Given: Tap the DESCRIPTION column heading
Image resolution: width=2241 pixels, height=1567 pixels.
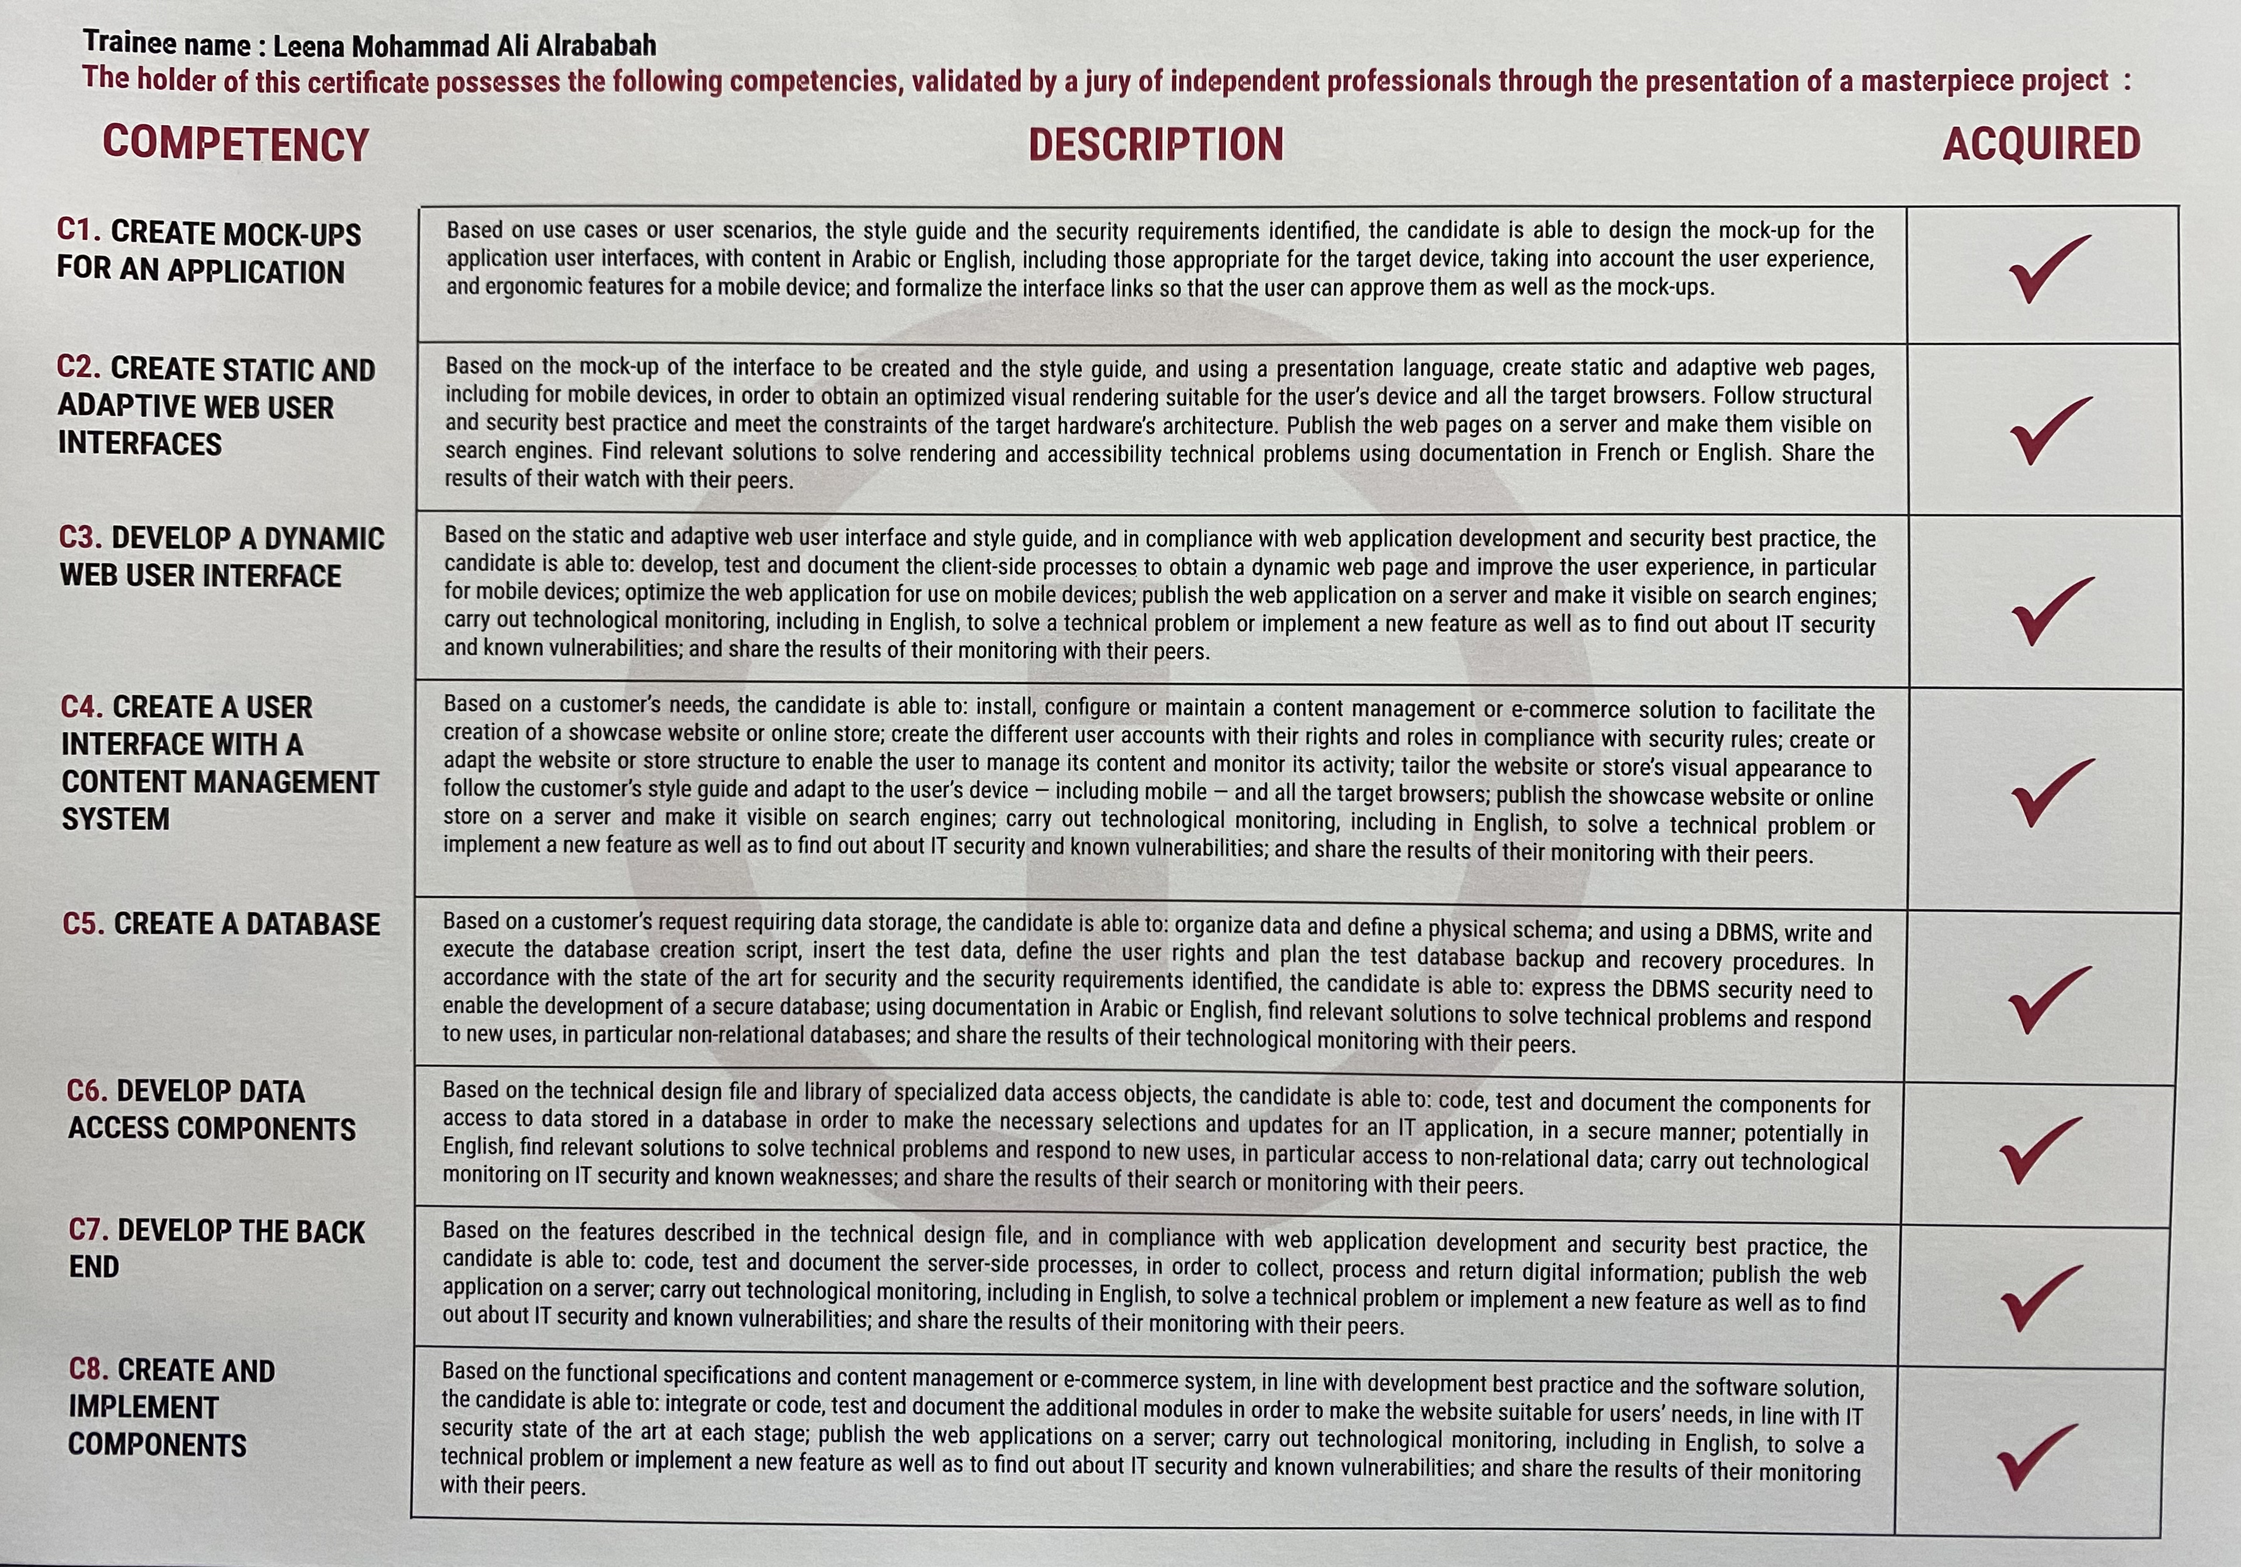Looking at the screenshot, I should pyautogui.click(x=1156, y=144).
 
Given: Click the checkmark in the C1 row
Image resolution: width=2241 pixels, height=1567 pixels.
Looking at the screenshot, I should pyautogui.click(x=2047, y=269).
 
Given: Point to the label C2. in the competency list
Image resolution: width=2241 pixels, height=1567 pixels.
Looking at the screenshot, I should pyautogui.click(x=79, y=368).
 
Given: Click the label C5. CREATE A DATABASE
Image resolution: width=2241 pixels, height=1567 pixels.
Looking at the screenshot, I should pyautogui.click(x=221, y=923).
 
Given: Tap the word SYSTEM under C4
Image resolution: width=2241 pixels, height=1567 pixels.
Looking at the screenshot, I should pyautogui.click(x=115, y=819).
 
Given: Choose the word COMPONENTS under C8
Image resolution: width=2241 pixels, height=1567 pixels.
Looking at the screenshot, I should pyautogui.click(x=156, y=1445).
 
